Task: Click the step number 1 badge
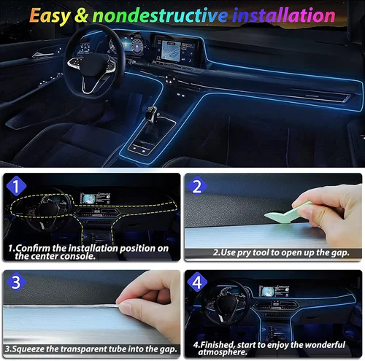coord(15,187)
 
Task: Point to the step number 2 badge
coord(196,187)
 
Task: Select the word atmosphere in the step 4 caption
coord(223,354)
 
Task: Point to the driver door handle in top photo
coord(42,55)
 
